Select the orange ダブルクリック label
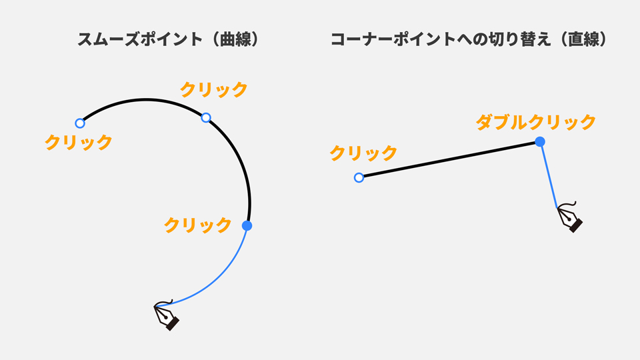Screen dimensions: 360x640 tap(535, 122)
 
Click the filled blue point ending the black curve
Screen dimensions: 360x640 tap(247, 226)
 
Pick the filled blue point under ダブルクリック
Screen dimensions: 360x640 tap(540, 141)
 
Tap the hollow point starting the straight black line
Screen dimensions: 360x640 tap(359, 177)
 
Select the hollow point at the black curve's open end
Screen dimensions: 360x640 tap(80, 123)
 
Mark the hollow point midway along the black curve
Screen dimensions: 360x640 tap(206, 118)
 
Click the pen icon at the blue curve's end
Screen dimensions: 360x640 tap(167, 315)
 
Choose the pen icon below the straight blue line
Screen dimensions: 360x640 tap(570, 217)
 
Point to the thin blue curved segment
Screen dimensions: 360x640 tap(220, 280)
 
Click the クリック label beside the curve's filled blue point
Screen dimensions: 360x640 tap(197, 225)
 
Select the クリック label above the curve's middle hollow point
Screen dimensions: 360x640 tap(214, 89)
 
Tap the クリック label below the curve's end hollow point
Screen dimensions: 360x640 tap(78, 142)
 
